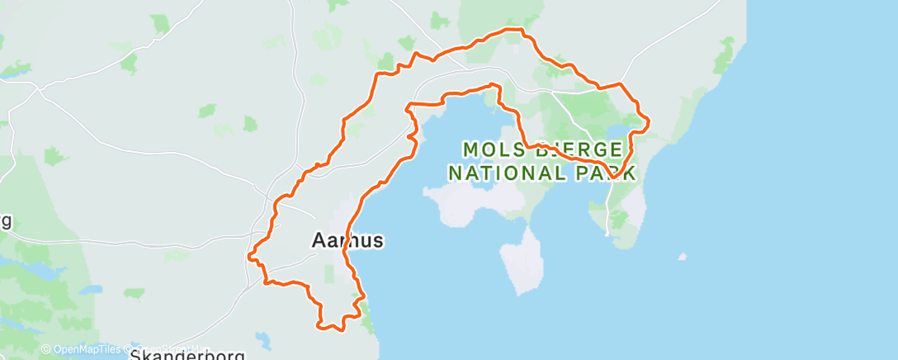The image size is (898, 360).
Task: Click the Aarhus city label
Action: coord(347,240)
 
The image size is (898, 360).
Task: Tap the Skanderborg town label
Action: coord(189,355)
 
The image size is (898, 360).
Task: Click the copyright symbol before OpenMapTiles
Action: coord(46,349)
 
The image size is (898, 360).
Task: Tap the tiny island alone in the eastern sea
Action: coord(681,257)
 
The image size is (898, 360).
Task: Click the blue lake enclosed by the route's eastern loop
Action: coord(618,132)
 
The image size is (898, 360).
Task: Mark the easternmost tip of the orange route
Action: coord(650,122)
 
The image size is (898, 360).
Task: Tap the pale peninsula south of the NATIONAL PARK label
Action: coord(522,260)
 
